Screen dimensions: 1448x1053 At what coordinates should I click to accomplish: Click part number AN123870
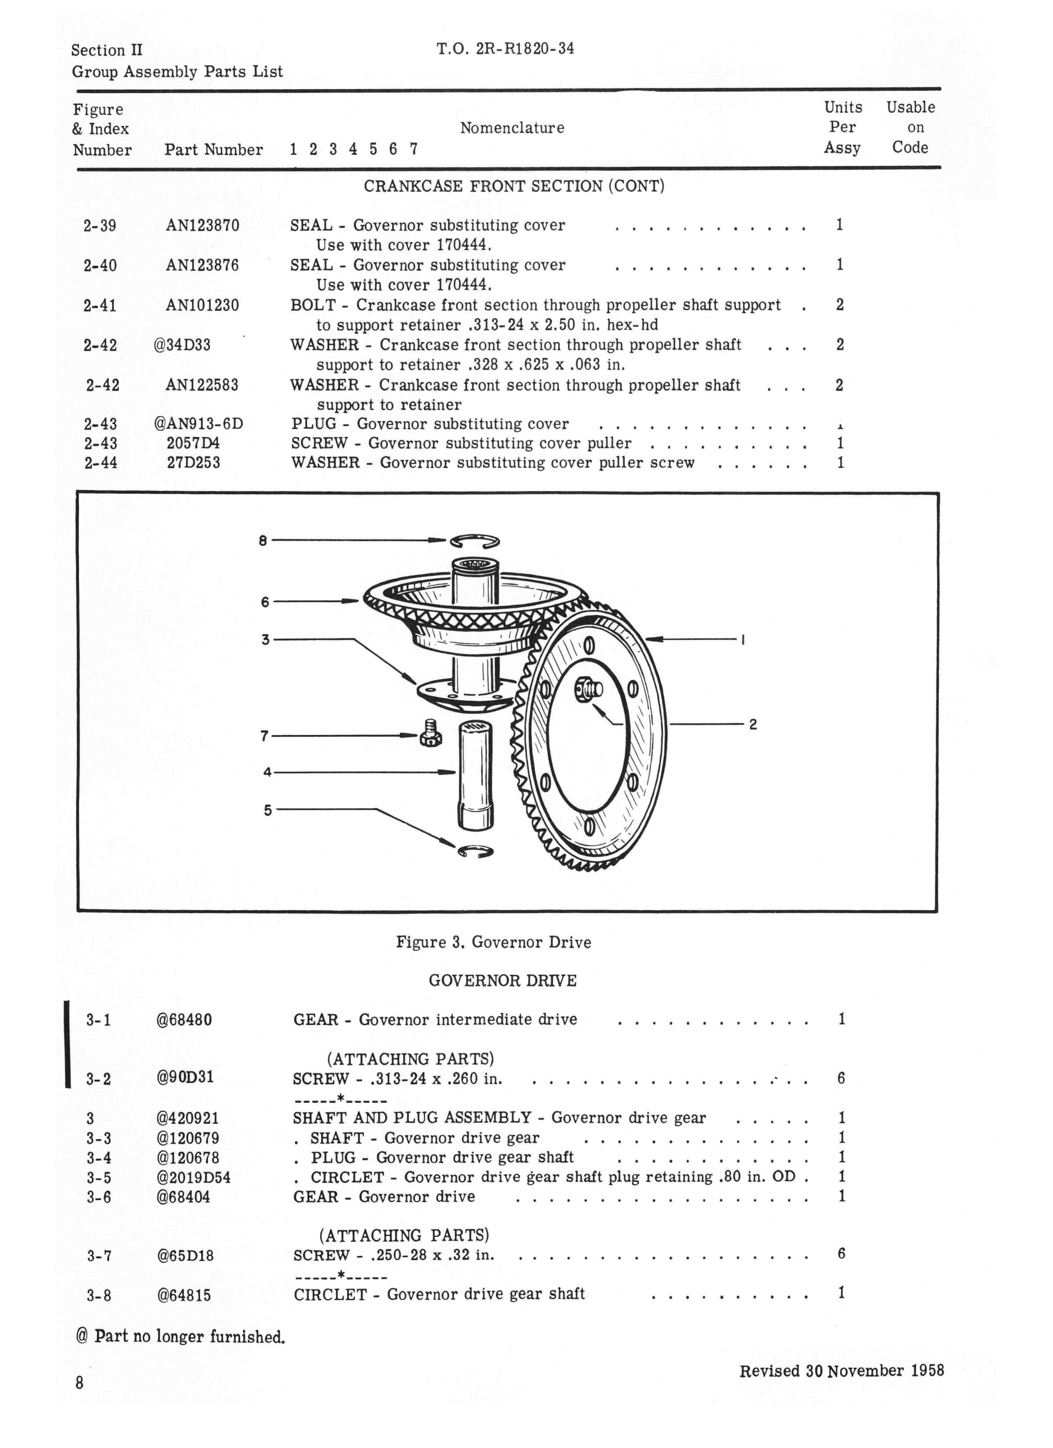click(202, 226)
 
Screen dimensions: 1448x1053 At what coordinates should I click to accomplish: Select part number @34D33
click(182, 345)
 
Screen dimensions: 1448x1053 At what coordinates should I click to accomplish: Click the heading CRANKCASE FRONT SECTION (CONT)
click(514, 186)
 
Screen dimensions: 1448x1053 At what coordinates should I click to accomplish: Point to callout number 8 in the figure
click(262, 541)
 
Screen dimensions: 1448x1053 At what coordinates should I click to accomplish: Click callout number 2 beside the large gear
click(753, 724)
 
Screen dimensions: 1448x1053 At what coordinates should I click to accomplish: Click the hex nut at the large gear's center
click(586, 689)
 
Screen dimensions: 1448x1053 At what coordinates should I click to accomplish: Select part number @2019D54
click(193, 1177)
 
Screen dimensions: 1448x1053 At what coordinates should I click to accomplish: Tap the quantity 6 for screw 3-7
click(841, 1254)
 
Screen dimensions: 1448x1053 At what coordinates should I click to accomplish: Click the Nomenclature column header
click(512, 128)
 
